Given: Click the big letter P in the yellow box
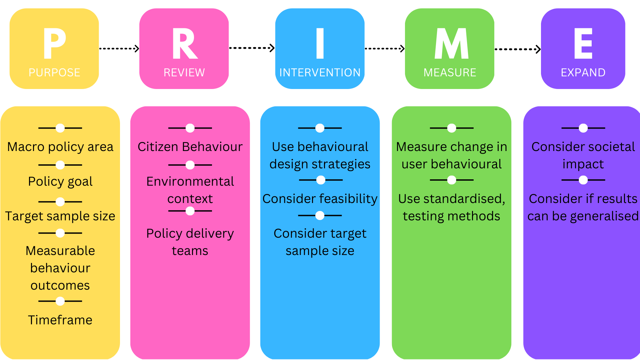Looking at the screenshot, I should coord(54,43).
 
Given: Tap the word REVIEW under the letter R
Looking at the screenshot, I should coord(184,72).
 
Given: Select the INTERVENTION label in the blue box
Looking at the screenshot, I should coord(320,72).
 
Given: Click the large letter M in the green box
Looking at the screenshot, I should coord(451,43).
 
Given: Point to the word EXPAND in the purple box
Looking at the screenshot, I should coord(583,72).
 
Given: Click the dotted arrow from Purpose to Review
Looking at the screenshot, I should coord(119,49).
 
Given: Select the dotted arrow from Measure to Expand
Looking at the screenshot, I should coord(517,49).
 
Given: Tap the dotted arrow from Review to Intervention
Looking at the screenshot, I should coord(252,48).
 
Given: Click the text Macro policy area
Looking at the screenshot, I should coord(60,147).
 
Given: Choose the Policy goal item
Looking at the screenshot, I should coord(60,181).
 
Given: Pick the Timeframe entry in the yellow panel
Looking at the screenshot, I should coord(60,320).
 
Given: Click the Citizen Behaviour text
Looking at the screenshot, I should coord(190,147).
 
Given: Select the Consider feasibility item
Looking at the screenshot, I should coord(320,199).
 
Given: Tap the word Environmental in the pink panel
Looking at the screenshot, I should coord(190,181).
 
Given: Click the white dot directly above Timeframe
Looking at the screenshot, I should coord(60,301).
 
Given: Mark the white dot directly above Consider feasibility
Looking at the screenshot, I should coord(321,180).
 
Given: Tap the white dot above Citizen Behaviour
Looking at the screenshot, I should coord(190,128).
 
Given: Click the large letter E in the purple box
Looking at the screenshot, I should coord(583,43).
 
